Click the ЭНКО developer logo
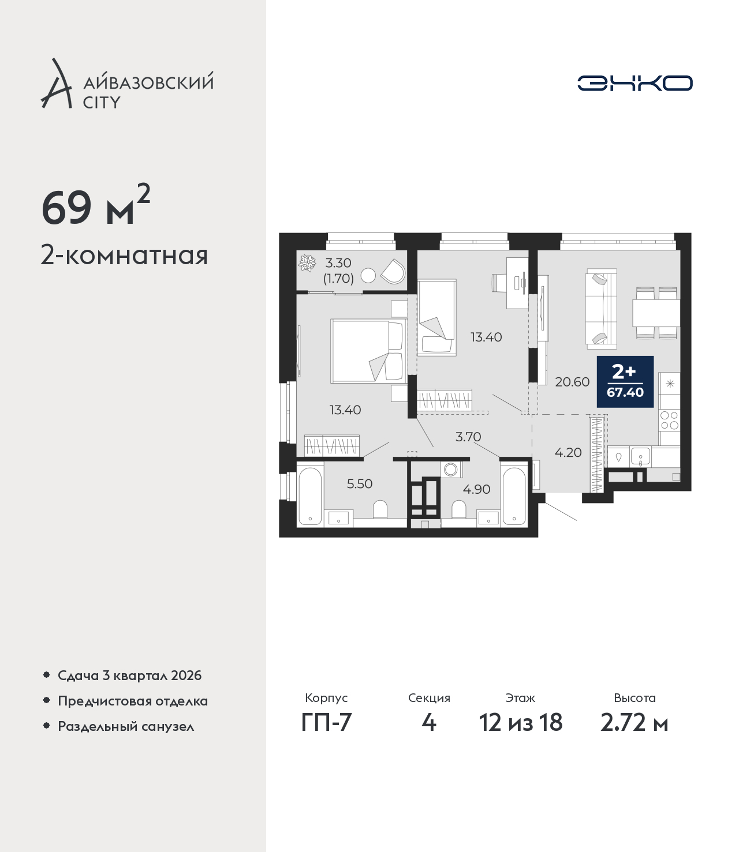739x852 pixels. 635,83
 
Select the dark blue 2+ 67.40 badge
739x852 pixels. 625,381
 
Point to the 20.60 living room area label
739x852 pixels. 572,382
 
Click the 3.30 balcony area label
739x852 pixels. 338,262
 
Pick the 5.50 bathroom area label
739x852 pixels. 359,483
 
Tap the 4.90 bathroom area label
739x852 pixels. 476,489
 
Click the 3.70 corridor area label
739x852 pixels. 468,437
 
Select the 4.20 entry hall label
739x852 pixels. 568,453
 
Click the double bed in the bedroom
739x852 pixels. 367,351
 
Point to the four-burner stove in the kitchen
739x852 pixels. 669,420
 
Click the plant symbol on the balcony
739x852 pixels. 307,263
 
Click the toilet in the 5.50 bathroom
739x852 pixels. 380,510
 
